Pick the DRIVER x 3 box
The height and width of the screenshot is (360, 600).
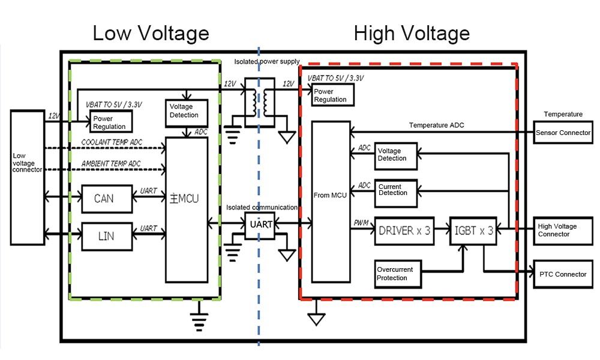404,231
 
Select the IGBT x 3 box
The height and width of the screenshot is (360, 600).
473,231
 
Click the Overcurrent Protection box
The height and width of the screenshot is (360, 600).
398,274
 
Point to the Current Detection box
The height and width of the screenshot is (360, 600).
396,190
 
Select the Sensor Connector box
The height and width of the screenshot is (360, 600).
563,133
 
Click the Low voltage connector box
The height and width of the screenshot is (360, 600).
27,178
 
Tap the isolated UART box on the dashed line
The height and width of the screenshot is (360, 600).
259,224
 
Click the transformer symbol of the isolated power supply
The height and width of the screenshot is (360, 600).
259,103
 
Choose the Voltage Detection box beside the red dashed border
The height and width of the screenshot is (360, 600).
396,155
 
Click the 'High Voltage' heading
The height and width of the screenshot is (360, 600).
412,32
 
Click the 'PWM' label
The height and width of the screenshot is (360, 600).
361,223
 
